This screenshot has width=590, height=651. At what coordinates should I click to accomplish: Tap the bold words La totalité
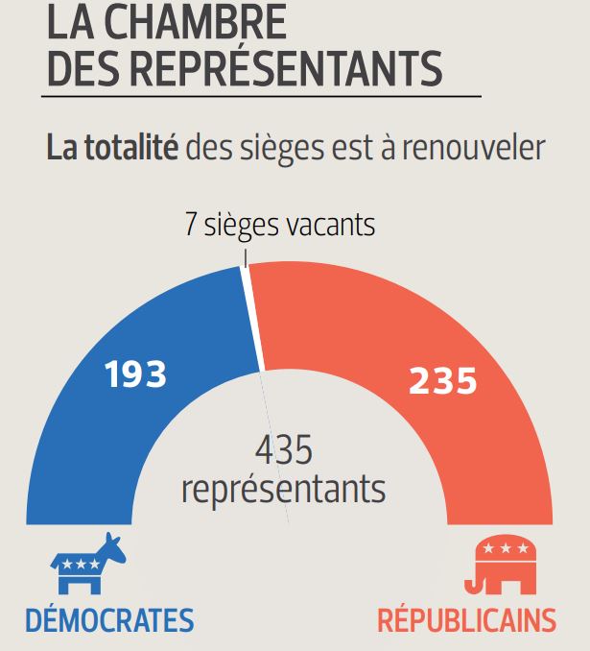pos(112,149)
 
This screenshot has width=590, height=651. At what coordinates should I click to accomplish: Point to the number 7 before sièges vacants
pos(191,227)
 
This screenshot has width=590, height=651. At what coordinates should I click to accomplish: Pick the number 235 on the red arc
pos(442,381)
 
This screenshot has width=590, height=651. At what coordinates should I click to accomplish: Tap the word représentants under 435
pos(283,489)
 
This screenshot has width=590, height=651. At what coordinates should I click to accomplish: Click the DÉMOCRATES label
pos(109,620)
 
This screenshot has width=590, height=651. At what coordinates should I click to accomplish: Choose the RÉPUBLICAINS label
pos(466,620)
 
